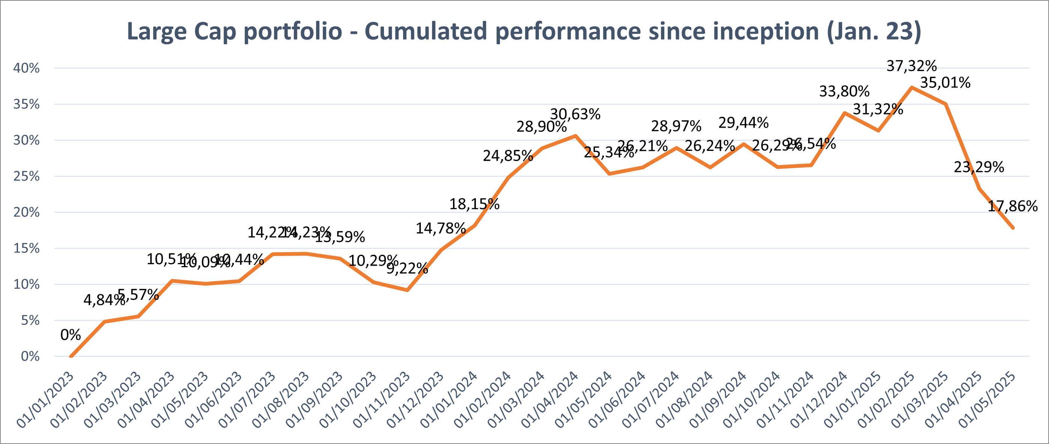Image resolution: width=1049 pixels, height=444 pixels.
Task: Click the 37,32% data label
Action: click(x=911, y=66)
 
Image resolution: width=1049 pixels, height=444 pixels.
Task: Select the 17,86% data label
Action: click(x=1012, y=206)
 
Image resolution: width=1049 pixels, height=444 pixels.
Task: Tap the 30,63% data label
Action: click(x=575, y=114)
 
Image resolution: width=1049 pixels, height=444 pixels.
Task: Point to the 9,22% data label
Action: click(x=407, y=268)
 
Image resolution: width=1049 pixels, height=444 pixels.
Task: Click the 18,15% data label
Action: click(x=474, y=204)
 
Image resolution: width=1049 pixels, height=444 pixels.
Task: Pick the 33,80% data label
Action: click(x=844, y=91)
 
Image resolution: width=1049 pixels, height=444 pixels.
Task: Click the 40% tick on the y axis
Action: click(x=27, y=68)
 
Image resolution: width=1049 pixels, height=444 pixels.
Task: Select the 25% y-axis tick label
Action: click(x=27, y=176)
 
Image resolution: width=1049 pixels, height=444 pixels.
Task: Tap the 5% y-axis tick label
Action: click(x=30, y=321)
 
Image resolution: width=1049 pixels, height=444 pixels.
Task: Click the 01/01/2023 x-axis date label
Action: click(x=46, y=400)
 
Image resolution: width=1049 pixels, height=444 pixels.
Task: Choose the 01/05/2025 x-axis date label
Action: click(x=987, y=400)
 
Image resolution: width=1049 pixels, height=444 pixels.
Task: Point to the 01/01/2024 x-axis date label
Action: click(x=449, y=400)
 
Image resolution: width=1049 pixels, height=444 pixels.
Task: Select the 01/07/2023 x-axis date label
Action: click(x=247, y=400)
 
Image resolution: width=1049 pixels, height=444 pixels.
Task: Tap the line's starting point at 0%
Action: click(x=71, y=357)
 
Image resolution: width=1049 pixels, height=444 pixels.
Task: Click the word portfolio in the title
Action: click(x=292, y=32)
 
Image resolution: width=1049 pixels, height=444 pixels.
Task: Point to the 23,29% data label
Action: click(x=978, y=167)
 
